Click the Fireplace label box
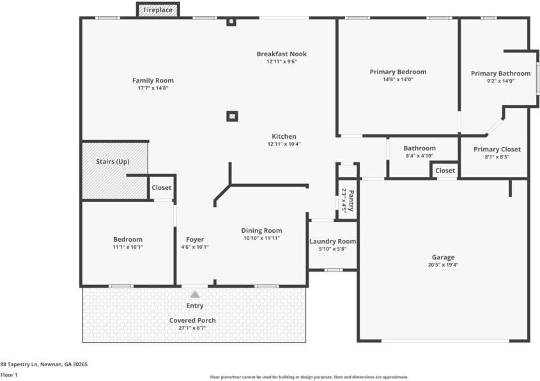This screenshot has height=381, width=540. [157, 10]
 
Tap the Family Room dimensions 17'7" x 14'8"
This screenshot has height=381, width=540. [153, 88]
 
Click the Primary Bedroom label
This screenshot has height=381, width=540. [397, 72]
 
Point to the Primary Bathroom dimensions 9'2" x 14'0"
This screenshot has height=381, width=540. [500, 81]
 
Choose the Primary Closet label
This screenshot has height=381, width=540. [497, 149]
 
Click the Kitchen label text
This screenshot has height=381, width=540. [284, 136]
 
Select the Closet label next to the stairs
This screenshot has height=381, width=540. [161, 188]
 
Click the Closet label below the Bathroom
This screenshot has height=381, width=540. [445, 171]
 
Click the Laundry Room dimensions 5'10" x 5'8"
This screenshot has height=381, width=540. [332, 249]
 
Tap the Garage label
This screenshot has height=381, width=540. [443, 257]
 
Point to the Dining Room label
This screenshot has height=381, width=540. [261, 230]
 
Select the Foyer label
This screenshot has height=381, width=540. [195, 240]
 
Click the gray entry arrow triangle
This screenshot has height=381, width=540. [195, 294]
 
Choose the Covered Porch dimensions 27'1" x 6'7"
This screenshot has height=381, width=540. [192, 328]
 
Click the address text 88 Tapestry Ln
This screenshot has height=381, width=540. [43, 364]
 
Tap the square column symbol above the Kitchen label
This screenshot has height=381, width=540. [233, 116]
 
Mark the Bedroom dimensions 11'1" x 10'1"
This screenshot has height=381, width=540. [128, 247]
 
